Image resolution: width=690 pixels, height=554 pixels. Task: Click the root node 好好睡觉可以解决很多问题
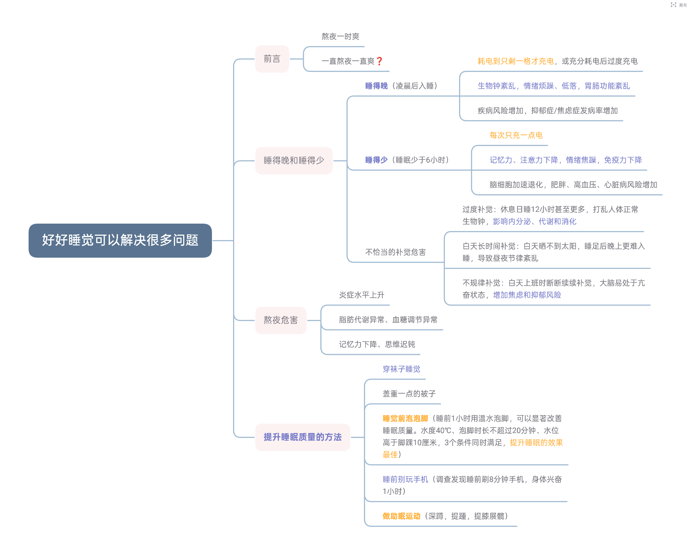click(x=120, y=240)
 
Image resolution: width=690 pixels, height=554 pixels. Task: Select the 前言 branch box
click(x=272, y=59)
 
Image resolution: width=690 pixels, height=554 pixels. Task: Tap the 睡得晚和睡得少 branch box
click(x=294, y=161)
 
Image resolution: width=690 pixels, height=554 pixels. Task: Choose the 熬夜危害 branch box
click(x=281, y=320)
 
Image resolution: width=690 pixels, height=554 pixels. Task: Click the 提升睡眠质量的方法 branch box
click(x=302, y=437)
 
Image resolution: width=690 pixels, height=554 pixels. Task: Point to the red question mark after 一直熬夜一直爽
click(x=379, y=61)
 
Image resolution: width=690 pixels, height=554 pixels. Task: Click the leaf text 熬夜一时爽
click(x=341, y=36)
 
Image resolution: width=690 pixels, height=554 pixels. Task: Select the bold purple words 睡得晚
click(x=376, y=86)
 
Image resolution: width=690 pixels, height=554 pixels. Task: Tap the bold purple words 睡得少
click(x=376, y=160)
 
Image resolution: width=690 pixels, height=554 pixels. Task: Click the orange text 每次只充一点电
click(x=516, y=135)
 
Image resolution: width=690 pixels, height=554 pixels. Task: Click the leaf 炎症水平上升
click(x=362, y=295)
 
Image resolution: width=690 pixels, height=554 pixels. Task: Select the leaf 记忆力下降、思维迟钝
click(x=377, y=344)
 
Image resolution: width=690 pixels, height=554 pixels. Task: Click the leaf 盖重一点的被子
click(x=409, y=393)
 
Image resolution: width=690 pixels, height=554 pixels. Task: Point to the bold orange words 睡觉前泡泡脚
click(x=405, y=418)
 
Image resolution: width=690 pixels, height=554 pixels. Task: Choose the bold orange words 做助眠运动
click(x=401, y=516)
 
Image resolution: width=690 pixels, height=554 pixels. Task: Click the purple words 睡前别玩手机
click(x=405, y=479)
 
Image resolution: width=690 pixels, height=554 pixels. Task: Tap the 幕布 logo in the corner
click(x=678, y=5)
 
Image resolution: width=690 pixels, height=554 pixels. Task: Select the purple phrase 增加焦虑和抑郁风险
click(x=527, y=295)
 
